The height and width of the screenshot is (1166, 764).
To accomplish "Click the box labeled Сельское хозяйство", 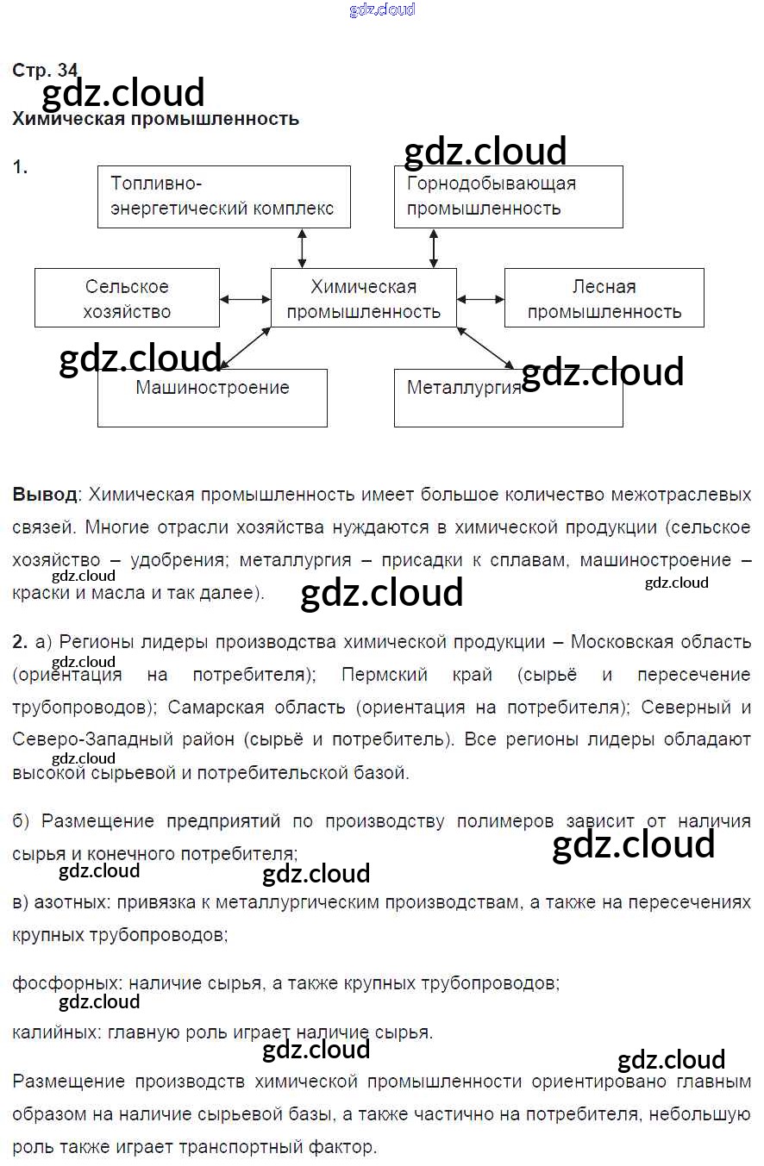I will click(127, 298).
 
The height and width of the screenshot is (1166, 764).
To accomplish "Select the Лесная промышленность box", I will click(604, 298).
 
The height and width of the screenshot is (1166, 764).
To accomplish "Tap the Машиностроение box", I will click(212, 398).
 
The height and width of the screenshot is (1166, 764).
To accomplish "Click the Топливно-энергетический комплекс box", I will click(223, 196).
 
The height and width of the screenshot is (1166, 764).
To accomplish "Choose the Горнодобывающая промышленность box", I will click(508, 196).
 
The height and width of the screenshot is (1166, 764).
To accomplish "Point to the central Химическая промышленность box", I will click(363, 298).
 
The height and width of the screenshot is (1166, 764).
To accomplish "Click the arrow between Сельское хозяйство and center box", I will click(245, 299).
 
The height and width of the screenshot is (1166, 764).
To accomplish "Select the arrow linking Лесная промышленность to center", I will click(480, 299).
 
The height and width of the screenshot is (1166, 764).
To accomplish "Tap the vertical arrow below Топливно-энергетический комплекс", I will click(302, 248).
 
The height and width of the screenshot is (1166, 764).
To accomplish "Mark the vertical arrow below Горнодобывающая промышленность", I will click(433, 248).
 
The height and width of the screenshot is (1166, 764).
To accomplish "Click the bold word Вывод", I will click(45, 495).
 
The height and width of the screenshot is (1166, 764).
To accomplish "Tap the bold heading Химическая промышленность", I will click(155, 119).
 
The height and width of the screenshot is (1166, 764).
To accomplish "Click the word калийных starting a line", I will click(53, 1032).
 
